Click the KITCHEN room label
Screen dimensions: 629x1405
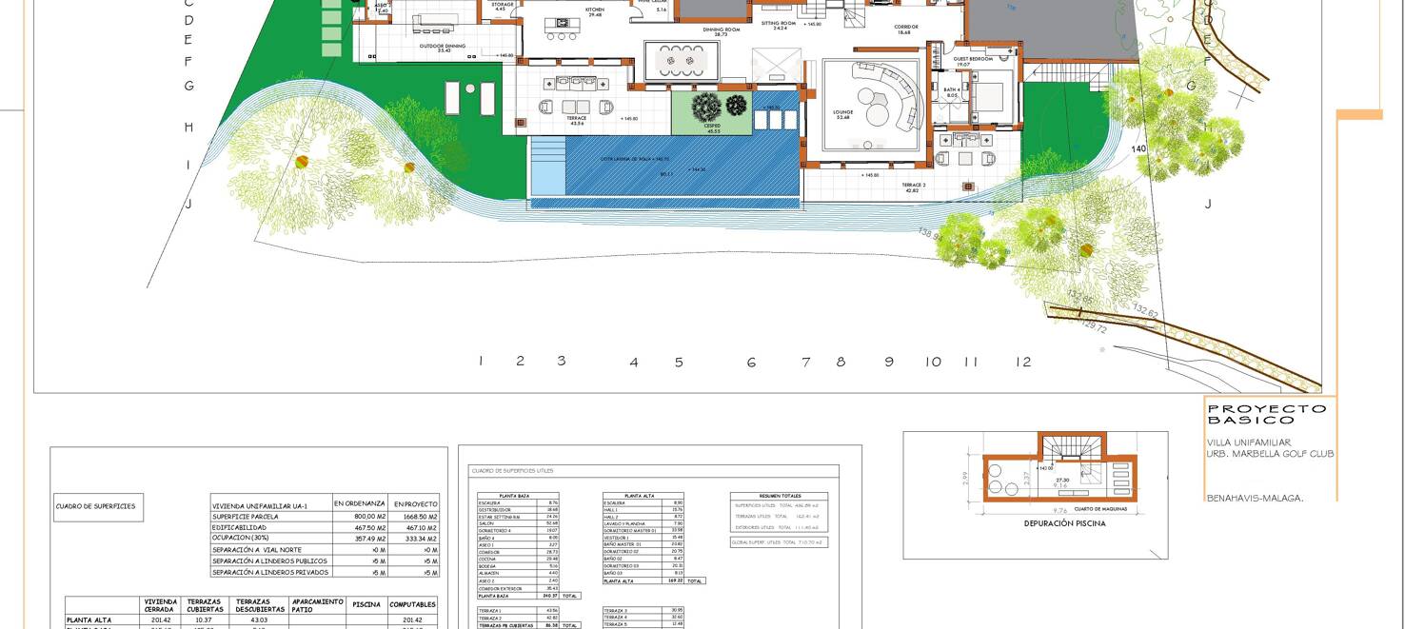point(595,11)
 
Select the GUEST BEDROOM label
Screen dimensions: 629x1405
point(973,60)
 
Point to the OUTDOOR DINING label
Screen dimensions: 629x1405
point(444,47)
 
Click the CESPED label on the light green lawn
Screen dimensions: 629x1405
point(713,126)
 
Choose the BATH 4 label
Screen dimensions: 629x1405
point(952,92)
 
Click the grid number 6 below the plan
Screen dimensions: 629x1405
point(751,363)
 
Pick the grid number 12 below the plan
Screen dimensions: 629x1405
point(1023,362)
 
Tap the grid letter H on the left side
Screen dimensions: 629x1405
point(188,128)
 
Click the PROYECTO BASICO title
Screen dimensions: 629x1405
point(1266,414)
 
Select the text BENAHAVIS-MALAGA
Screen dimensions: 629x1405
point(1255,498)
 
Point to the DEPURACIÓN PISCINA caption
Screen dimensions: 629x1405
point(1064,523)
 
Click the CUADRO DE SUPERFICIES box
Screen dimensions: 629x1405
point(95,506)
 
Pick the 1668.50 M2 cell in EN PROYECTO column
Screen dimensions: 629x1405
point(415,517)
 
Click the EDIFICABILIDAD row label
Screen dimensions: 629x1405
point(240,527)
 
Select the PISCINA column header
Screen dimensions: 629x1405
point(366,604)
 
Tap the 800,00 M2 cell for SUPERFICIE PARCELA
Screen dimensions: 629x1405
point(359,517)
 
